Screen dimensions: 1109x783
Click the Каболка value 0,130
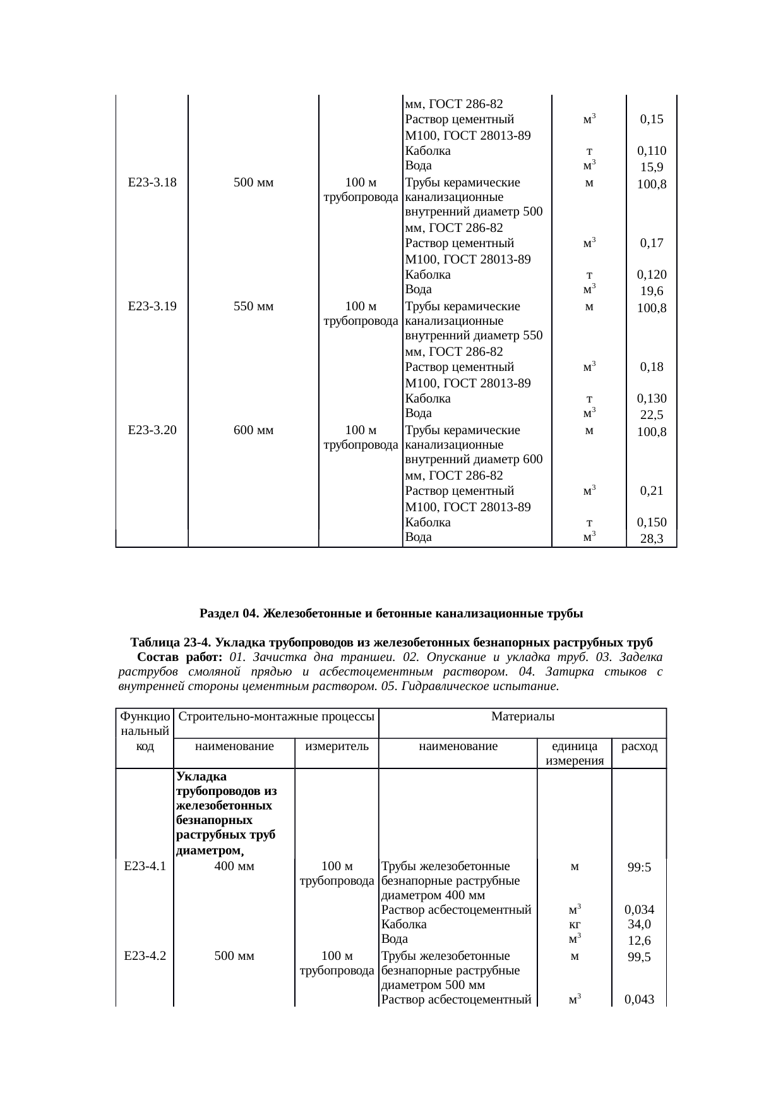click(x=651, y=399)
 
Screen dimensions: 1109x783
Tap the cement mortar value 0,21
click(x=651, y=491)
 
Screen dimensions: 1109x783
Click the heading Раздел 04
click(x=391, y=614)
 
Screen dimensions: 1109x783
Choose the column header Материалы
click(x=522, y=717)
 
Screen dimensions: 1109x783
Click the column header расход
click(x=639, y=746)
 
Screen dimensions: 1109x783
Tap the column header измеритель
click(x=337, y=746)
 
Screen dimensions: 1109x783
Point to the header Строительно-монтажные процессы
click(x=275, y=717)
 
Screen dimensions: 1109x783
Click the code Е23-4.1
click(x=145, y=866)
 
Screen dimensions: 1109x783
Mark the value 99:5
click(x=639, y=868)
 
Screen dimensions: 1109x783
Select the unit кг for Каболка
click(x=574, y=924)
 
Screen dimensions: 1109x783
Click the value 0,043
click(x=639, y=1000)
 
